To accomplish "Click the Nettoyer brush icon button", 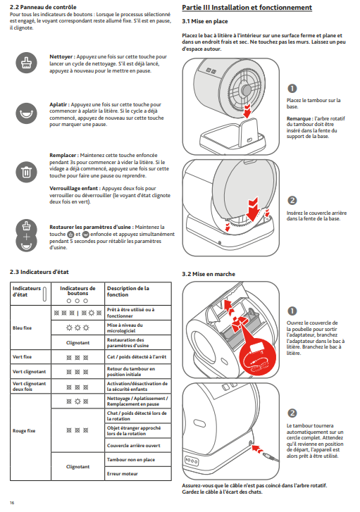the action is tap(27, 63).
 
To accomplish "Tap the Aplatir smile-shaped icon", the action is tap(27, 113).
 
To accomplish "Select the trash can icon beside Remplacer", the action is tap(27, 172).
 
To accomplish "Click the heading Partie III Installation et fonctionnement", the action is tap(247, 8).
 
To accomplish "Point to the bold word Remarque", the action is tap(299, 118).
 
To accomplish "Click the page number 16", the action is tap(12, 503).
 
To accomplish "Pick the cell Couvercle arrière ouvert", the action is tap(134, 445).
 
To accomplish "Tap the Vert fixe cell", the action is tap(23, 357).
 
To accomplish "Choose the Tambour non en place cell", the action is tap(131, 459).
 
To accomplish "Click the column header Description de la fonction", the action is tap(128, 292).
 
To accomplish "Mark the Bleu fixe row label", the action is tap(23, 328).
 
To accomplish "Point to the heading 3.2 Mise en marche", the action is tap(209, 274).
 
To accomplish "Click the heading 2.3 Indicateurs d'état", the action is tap(39, 272).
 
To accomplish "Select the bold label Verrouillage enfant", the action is tap(75, 189).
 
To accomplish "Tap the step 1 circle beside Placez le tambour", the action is tap(292, 89).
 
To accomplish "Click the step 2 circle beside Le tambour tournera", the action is tap(292, 413).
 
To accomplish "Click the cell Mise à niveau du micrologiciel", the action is tap(125, 328).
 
